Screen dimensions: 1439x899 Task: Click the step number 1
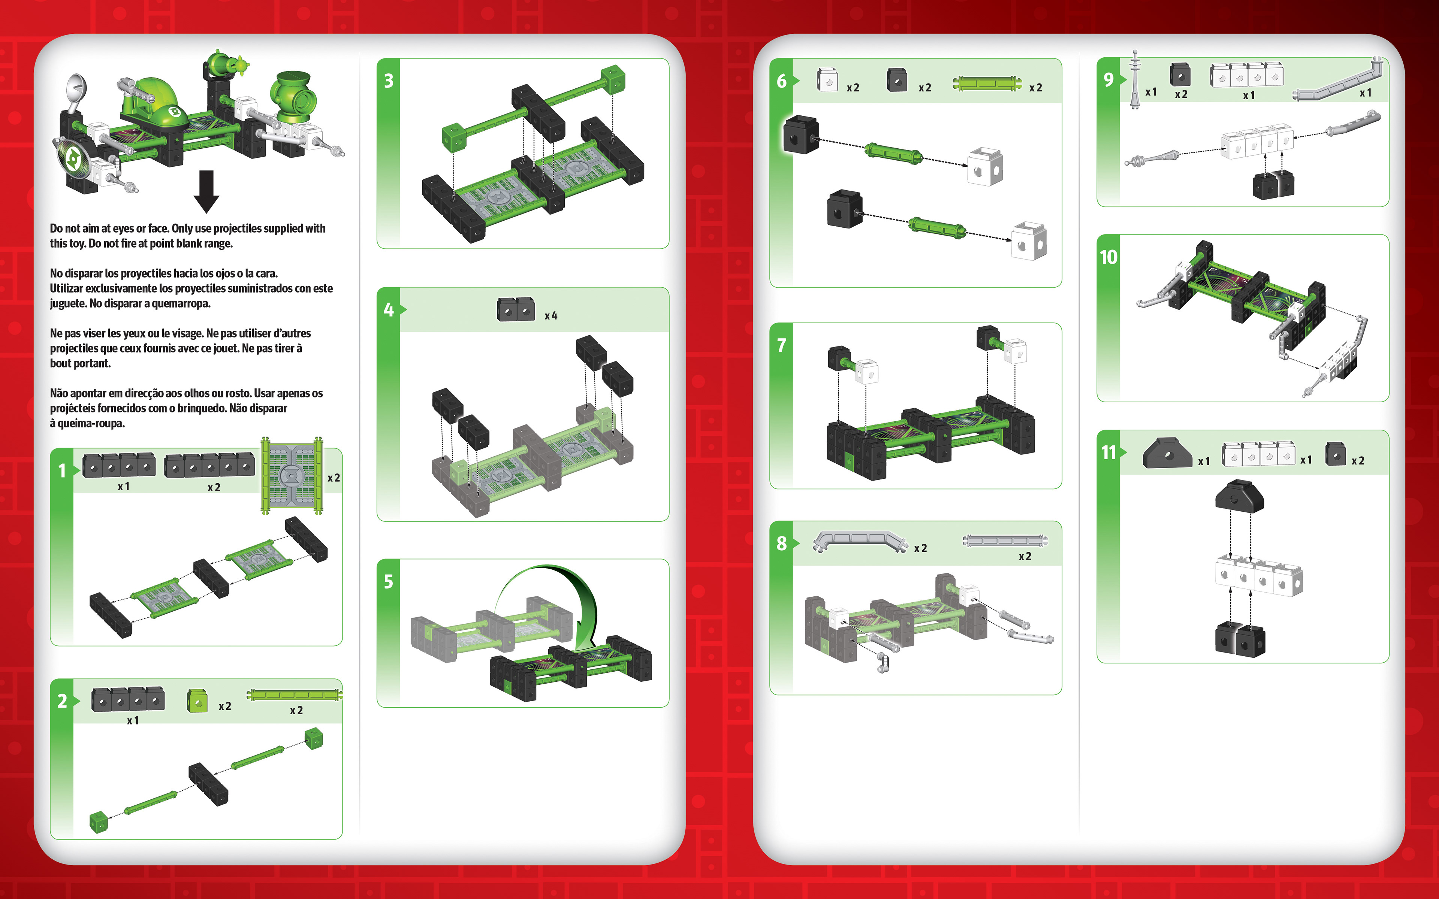[x=62, y=471]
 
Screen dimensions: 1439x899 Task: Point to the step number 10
[x=1108, y=257]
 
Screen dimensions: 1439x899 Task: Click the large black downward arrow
[x=206, y=191]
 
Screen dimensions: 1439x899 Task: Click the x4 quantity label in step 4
[x=550, y=316]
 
